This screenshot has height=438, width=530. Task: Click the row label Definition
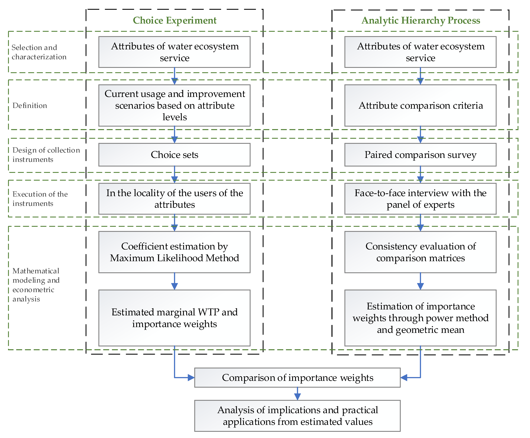30,105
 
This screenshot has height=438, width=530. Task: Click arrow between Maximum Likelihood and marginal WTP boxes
175,282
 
